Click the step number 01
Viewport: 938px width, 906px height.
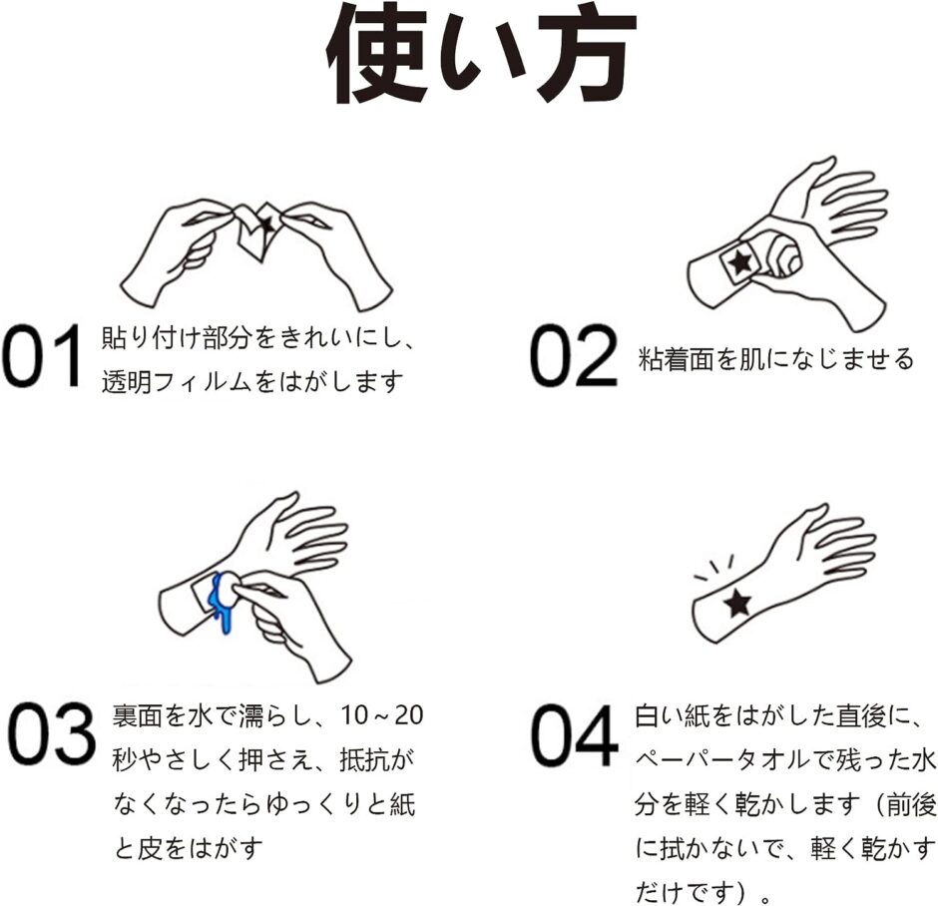coord(42,356)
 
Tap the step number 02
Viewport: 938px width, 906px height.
coord(574,356)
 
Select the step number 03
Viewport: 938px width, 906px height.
coord(52,733)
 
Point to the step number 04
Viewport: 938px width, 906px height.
coord(575,735)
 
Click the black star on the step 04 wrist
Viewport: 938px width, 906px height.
coord(737,603)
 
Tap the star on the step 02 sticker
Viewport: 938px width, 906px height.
coord(740,262)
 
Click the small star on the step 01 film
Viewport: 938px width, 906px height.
coord(265,226)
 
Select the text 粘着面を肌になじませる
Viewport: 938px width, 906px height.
coord(776,359)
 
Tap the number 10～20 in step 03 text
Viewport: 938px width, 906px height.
coord(382,715)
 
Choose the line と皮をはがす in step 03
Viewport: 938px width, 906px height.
coord(188,848)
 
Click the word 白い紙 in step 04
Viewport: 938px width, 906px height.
coord(672,715)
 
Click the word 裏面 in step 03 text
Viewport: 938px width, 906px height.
coord(137,715)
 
